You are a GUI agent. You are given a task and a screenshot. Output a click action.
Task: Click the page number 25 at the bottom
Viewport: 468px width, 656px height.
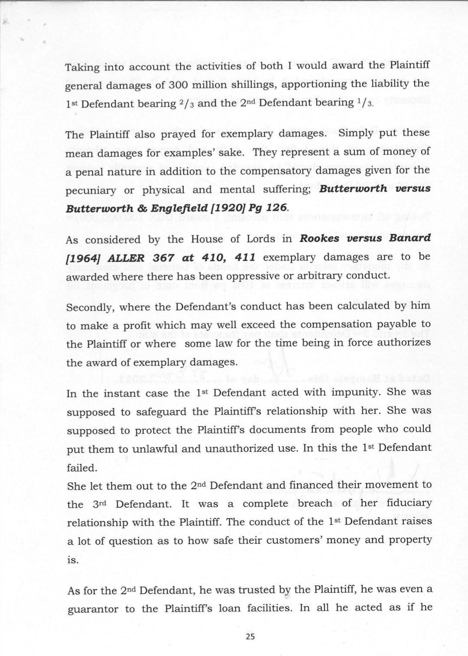click(250, 637)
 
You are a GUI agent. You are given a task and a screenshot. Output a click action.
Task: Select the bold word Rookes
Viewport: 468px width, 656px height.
click(320, 238)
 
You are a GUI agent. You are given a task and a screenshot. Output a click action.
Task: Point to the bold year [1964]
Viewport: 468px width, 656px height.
click(81, 258)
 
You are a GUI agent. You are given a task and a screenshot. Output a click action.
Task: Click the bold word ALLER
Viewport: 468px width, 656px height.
click(125, 257)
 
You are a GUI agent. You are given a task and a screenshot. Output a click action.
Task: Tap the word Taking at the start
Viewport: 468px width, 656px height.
click(81, 67)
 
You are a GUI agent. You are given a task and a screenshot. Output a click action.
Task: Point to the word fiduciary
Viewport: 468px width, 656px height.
click(409, 503)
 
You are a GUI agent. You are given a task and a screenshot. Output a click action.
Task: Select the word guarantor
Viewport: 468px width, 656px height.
click(93, 609)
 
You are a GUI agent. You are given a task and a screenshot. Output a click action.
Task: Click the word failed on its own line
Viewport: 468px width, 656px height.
click(81, 468)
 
